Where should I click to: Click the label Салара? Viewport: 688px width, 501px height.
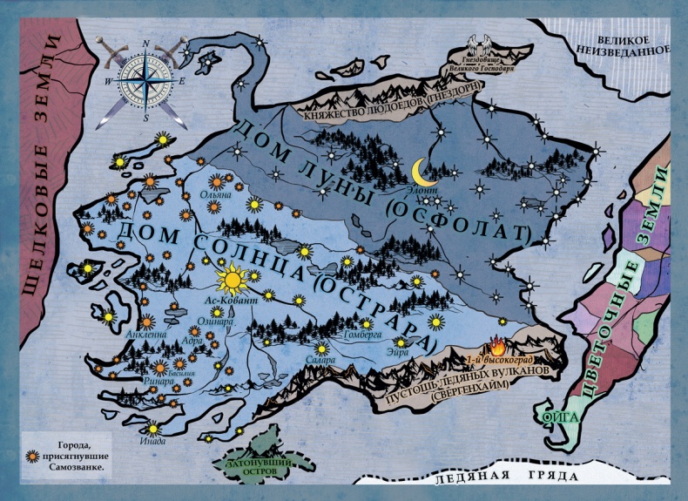[x=320, y=358]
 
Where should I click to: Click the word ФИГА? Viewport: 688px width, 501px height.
[x=555, y=417]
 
